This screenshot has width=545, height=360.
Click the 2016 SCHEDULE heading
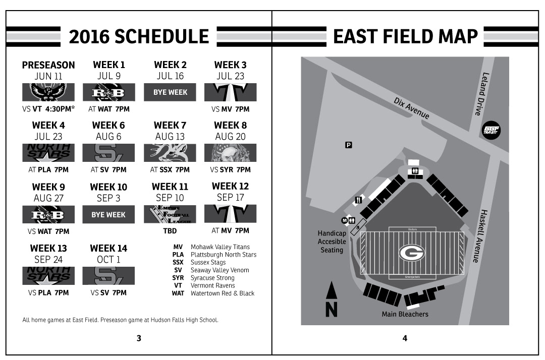click(139, 36)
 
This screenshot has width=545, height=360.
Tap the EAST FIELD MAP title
click(405, 36)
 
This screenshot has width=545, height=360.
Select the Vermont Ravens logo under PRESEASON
click(48, 92)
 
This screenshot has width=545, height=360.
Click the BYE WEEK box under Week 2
click(170, 92)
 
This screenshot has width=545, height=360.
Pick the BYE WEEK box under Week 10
click(108, 214)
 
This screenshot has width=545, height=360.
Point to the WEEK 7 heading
click(170, 125)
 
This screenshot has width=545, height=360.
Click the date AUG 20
click(230, 137)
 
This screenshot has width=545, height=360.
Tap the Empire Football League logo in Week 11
click(170, 214)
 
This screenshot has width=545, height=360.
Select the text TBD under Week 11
click(170, 231)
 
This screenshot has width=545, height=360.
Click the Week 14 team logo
click(108, 276)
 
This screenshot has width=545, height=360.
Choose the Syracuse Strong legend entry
click(212, 278)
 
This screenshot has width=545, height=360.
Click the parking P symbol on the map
click(348, 145)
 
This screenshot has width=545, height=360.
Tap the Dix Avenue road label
click(411, 108)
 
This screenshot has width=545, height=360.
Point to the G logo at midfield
click(412, 253)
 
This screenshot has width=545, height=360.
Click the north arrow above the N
click(331, 291)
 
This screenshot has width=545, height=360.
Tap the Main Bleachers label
click(405, 314)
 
